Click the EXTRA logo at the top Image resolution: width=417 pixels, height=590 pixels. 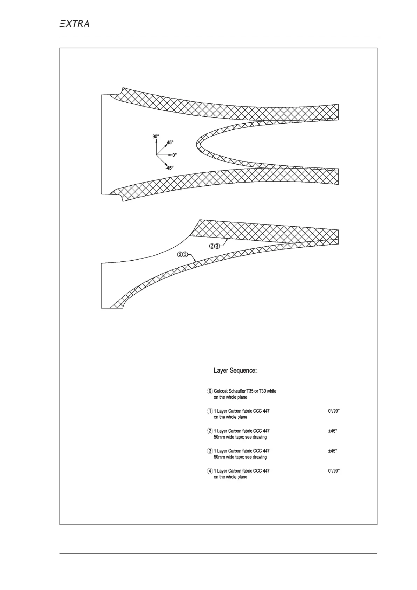pos(74,23)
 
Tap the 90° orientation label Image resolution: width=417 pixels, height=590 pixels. pos(156,136)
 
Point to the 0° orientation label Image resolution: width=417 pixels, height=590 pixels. pos(174,155)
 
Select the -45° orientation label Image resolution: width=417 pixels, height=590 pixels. pos(169,168)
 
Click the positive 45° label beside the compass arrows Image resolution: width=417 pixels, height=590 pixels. pos(170,143)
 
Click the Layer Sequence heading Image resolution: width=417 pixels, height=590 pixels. pos(235,370)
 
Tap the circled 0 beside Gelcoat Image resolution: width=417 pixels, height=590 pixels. pos(210,391)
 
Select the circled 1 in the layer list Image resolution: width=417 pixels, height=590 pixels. pos(210,411)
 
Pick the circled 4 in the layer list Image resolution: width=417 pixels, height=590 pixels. pos(210,471)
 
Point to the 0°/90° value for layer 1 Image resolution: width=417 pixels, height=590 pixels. pos(334,411)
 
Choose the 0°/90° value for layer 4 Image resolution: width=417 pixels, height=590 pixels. pos(334,471)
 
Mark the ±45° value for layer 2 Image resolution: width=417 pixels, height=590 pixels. pos(332,431)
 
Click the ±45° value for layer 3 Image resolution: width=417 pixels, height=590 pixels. pos(332,451)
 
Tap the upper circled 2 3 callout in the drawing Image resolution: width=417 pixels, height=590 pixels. pos(214,246)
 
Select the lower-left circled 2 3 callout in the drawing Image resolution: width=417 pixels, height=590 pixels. pos(183,254)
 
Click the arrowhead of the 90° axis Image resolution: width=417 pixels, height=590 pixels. pos(156,140)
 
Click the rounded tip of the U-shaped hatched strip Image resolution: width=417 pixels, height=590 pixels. pos(198,144)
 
